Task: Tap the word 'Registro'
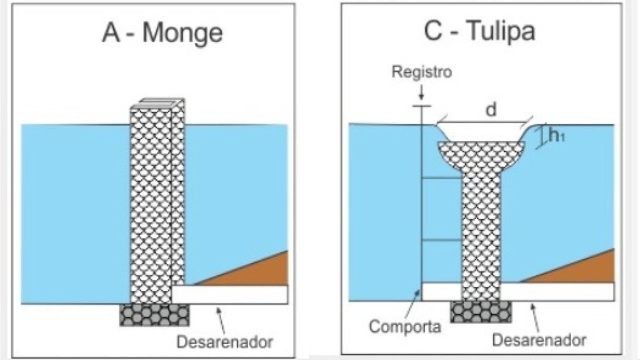(x=422, y=72)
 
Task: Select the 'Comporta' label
(x=405, y=327)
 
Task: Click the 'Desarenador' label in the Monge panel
(x=225, y=342)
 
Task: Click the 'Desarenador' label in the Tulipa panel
(x=539, y=340)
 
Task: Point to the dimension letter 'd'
(x=491, y=110)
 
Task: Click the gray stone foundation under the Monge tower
(x=155, y=315)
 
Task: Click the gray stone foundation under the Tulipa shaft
(x=481, y=312)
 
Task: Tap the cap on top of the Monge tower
(x=158, y=103)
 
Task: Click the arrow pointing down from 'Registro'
(x=421, y=92)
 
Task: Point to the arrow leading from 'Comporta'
(x=412, y=304)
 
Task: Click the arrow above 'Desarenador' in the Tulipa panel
(x=535, y=318)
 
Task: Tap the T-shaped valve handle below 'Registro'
(x=422, y=106)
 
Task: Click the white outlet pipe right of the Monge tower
(x=230, y=295)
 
